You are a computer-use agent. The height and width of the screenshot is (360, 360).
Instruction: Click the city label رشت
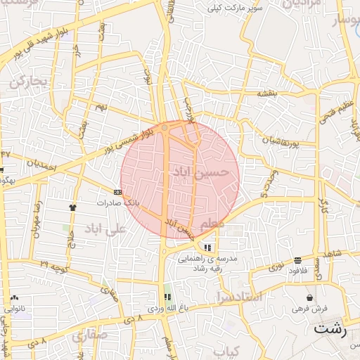tap(330, 328)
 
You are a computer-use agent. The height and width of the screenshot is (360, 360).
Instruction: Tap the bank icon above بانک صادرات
tap(117, 191)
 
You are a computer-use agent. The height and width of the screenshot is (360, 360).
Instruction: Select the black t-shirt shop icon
tap(72, 207)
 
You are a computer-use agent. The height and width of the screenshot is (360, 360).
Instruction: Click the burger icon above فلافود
tap(298, 260)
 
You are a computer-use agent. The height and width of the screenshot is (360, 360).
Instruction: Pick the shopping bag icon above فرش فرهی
tap(309, 297)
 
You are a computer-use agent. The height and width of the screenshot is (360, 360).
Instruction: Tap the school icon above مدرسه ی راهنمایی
tap(207, 247)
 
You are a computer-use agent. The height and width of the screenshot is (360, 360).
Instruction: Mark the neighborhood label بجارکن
tap(27, 82)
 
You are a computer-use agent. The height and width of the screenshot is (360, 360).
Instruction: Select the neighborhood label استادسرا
tap(238, 297)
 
